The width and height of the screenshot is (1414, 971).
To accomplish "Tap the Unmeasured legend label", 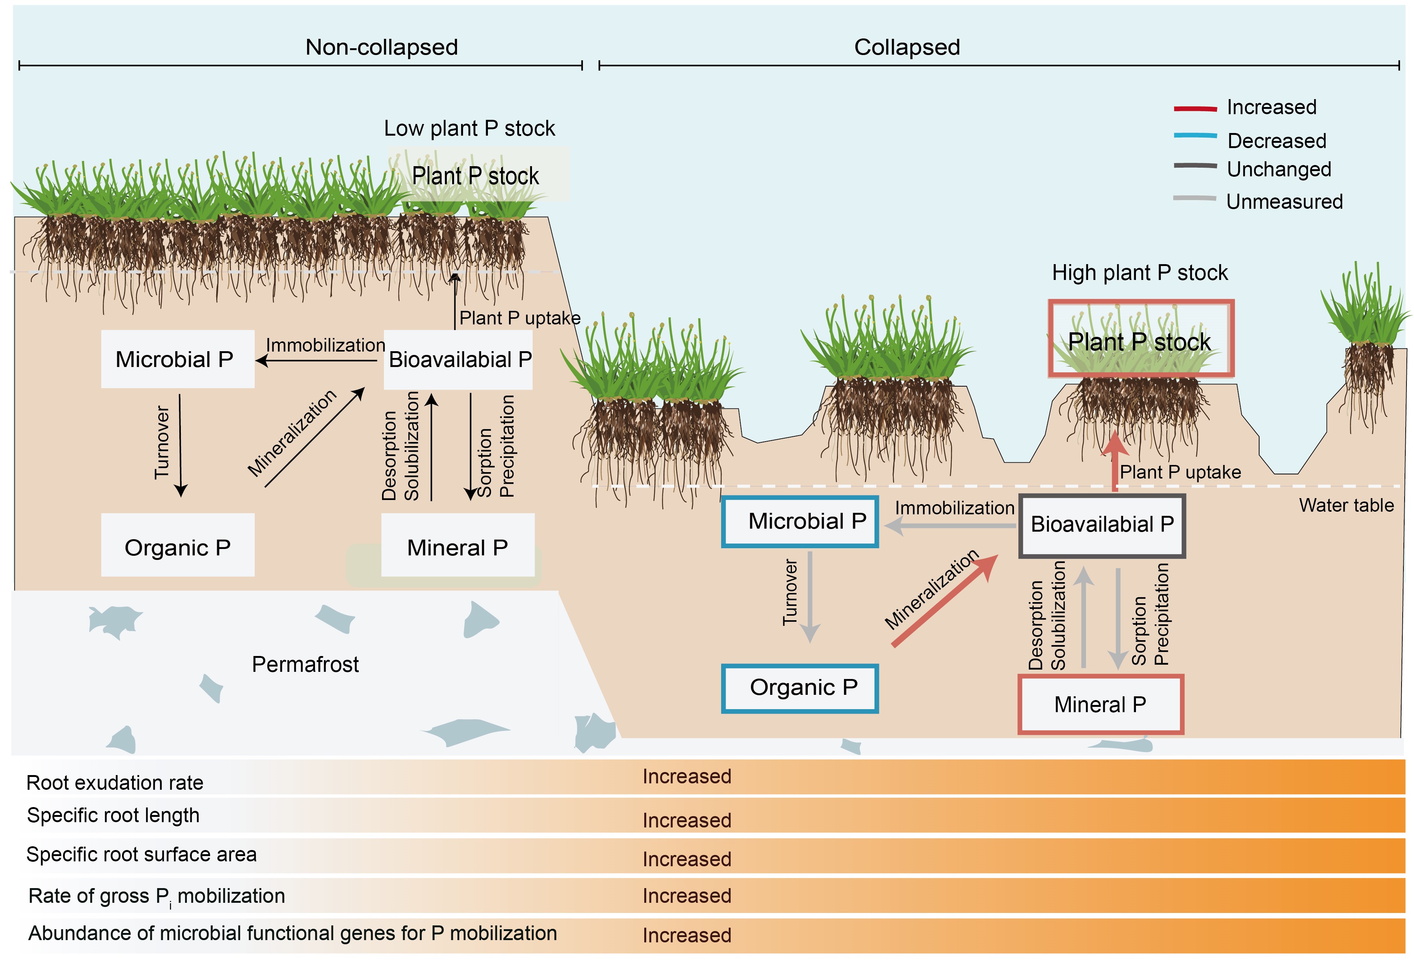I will coord(1284,201).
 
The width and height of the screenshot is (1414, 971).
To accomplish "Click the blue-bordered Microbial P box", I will coord(799,521).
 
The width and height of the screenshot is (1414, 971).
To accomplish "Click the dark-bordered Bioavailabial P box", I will coord(1102,524).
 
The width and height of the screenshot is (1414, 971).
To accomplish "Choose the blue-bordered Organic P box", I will coord(799,688).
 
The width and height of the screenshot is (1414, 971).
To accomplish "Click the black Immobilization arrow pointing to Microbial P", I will coord(316,361).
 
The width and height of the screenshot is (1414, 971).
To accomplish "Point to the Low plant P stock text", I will coord(469,128).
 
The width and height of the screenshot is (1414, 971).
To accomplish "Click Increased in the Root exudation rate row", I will coord(686,777).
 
